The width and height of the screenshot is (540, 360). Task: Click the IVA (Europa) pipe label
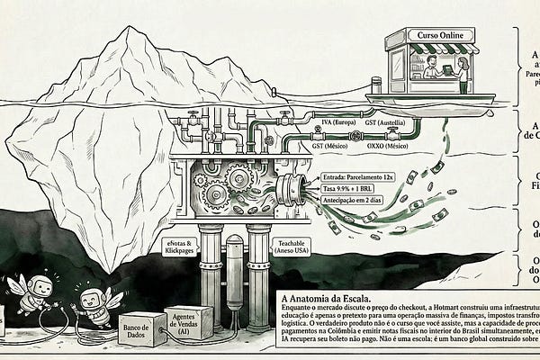(331, 121)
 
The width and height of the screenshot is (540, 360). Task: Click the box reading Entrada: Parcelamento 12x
(355, 178)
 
